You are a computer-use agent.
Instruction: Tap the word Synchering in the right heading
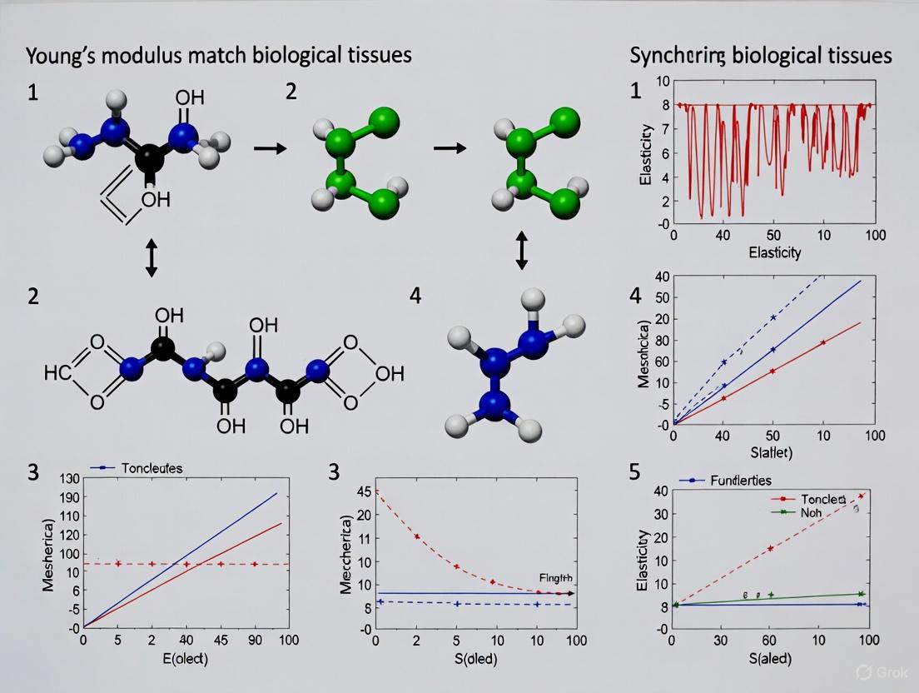[679, 57]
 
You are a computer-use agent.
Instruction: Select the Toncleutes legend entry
[152, 468]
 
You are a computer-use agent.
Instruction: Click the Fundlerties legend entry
[741, 481]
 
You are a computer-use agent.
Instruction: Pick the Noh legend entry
[811, 512]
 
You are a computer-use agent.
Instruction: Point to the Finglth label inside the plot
[556, 577]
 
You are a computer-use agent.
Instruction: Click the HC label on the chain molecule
[58, 372]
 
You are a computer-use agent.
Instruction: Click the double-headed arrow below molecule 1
[151, 261]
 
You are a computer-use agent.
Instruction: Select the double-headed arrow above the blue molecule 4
[522, 251]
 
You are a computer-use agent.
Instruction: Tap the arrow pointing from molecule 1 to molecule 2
[269, 148]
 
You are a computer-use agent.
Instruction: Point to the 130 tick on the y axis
[68, 479]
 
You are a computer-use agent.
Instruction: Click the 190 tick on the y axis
[68, 497]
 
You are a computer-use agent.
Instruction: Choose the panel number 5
[634, 472]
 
